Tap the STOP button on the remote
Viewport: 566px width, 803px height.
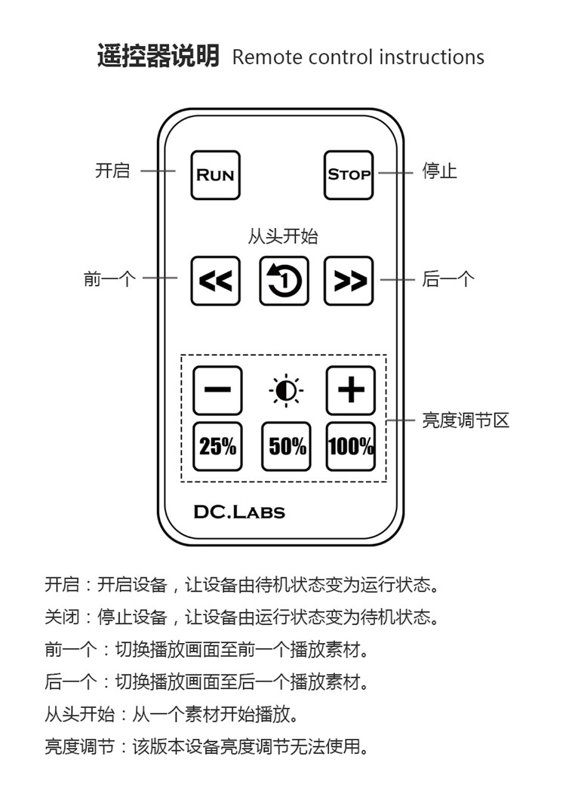coord(349,175)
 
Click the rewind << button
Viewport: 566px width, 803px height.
coord(215,281)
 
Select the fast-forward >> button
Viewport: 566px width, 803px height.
coord(349,281)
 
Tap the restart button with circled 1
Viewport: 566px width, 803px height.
coord(284,281)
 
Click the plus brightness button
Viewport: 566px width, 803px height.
coord(350,390)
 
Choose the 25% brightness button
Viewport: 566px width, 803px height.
coord(217,446)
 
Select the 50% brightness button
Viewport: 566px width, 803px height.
coord(286,446)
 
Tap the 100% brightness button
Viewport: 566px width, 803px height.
coord(350,446)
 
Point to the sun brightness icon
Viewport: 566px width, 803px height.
coord(286,391)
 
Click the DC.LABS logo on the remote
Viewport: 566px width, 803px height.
coord(239,512)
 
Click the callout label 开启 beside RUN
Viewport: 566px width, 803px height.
coord(112,171)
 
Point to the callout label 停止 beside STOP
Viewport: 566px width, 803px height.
coord(439,171)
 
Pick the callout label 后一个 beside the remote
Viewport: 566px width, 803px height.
coord(448,280)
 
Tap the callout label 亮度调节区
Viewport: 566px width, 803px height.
coord(465,420)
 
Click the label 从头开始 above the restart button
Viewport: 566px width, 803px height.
coord(283,236)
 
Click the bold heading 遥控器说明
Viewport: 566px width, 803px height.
coord(158,56)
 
